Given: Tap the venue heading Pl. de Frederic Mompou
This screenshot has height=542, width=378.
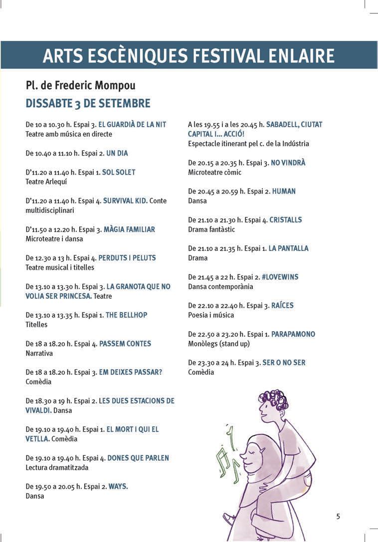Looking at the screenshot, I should (x=80, y=86).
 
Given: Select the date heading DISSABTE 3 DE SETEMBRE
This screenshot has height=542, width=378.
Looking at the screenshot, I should (x=88, y=104).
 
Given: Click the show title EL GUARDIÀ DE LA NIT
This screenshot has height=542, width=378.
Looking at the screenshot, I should (x=132, y=124).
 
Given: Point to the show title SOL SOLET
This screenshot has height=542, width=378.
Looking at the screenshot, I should (x=119, y=172).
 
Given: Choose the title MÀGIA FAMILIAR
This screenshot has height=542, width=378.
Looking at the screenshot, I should (x=129, y=229).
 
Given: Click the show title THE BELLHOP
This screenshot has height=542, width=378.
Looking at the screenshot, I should (x=127, y=315).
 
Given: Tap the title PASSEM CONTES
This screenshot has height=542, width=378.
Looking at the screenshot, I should (x=125, y=344).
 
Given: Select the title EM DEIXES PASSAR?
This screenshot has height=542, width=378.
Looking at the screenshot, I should (x=131, y=372).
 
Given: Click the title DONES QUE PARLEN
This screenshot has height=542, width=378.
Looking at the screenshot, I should (x=138, y=458).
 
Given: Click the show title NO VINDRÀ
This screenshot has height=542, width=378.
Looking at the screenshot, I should (x=288, y=163).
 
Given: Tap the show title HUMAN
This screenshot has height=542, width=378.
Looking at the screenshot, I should (x=284, y=191).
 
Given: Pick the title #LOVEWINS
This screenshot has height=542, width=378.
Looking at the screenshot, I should (x=280, y=277).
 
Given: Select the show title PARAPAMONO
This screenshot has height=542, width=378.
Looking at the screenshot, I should (x=293, y=334).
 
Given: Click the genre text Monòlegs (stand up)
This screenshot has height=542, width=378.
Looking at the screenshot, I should (x=219, y=344).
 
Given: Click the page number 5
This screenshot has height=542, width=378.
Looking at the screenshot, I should (x=338, y=516).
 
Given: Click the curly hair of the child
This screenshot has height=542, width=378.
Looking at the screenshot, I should (x=274, y=399).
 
